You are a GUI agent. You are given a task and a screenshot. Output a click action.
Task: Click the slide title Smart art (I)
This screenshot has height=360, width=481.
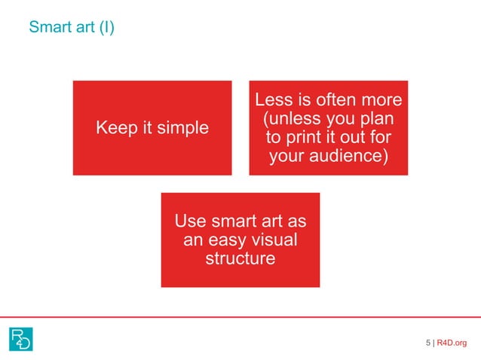coord(72,29)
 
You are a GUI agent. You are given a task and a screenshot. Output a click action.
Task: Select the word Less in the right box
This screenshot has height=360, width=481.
coord(273,101)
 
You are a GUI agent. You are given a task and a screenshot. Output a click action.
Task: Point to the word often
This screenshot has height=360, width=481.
coord(324,101)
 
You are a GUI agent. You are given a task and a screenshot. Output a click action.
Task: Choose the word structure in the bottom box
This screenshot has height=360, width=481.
coord(240,260)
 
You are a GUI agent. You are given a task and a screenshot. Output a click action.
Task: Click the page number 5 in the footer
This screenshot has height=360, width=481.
coord(428,343)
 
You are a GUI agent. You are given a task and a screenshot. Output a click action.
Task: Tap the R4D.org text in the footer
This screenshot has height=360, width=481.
coord(452,343)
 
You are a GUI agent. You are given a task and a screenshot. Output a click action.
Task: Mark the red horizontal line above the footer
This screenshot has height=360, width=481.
coord(240,317)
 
